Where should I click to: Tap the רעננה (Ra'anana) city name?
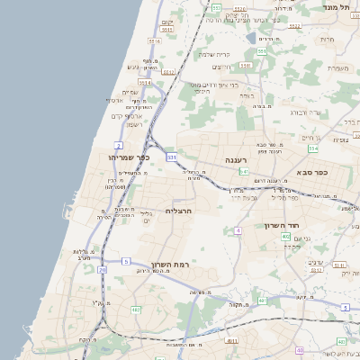coord(237,159)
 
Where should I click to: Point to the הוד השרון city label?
coord(281,225)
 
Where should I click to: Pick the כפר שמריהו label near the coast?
coord(125,158)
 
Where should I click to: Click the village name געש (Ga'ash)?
coord(134,67)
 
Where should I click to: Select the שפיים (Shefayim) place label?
coord(130,92)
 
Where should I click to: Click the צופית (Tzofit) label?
coord(341,139)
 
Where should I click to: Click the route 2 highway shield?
coord(119,145)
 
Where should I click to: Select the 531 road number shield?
coord(171,157)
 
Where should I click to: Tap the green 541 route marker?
coord(243,171)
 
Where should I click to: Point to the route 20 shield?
coord(103,269)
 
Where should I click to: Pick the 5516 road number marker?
coord(154,41)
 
